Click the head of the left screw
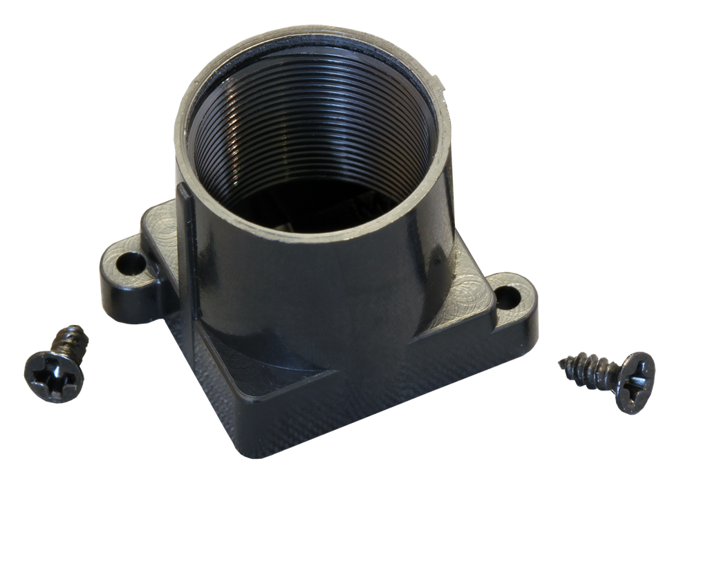point(54,376)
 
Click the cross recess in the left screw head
point(54,376)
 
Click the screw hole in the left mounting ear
point(128,263)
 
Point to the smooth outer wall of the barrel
point(311,290)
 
